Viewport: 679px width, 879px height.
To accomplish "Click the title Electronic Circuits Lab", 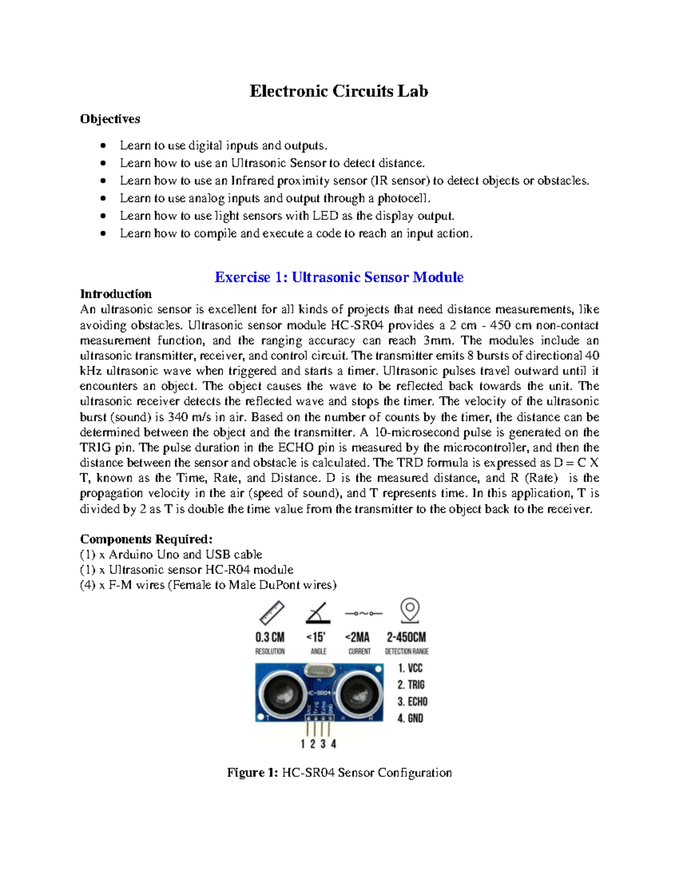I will [x=338, y=91].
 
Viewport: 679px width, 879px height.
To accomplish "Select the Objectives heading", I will [x=110, y=119].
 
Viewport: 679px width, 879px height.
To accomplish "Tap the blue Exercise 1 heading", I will [x=338, y=277].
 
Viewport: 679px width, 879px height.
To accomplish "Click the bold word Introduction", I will [x=115, y=294].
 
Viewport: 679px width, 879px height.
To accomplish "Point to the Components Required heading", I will [x=146, y=539].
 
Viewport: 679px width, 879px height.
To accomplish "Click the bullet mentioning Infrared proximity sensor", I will [x=354, y=181].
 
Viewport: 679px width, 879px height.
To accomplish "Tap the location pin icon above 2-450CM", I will [x=410, y=611].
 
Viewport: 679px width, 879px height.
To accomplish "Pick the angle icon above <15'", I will [x=317, y=613].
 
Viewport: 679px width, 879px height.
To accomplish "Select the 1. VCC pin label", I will [x=410, y=668].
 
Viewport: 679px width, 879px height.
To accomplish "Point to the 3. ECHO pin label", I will [x=412, y=702].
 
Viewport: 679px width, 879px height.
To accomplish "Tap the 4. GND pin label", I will [x=410, y=718].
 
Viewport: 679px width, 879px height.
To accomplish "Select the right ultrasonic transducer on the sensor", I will [x=358, y=692].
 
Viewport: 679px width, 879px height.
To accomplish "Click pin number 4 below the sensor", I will [x=334, y=744].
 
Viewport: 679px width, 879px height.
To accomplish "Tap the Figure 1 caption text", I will [x=339, y=773].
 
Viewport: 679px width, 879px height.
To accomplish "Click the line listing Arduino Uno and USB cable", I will [x=171, y=554].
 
